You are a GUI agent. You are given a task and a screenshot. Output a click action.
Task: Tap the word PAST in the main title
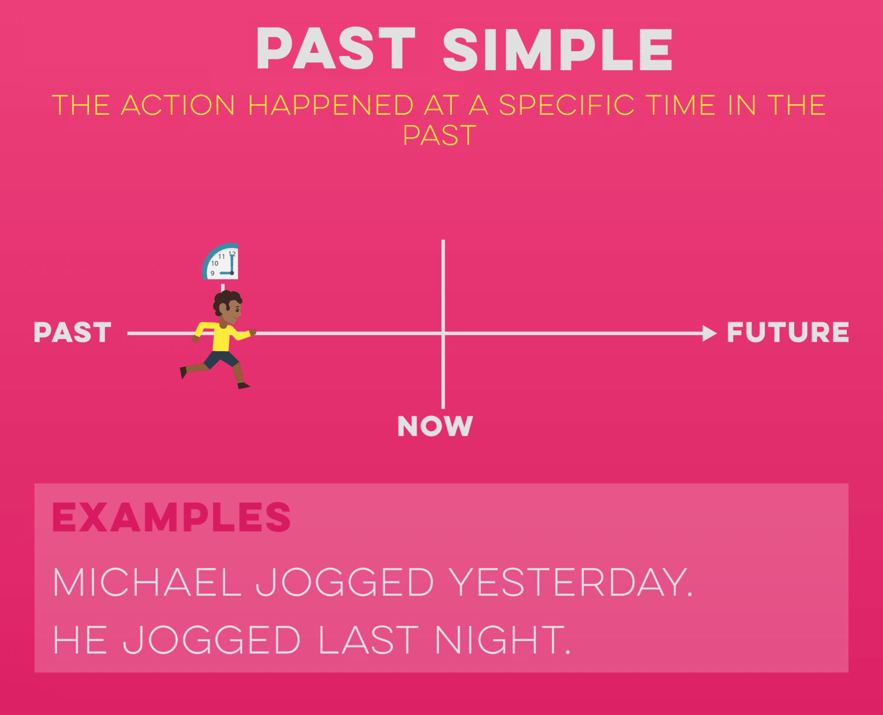point(336,48)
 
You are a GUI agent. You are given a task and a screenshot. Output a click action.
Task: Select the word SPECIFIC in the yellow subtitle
point(567,105)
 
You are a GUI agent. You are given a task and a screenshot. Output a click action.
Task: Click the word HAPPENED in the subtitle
point(331,105)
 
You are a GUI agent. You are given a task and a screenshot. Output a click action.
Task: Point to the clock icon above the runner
point(220,261)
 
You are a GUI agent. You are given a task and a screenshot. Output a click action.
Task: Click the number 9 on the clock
point(213,273)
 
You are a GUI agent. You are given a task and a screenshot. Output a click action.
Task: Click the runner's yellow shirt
point(222,336)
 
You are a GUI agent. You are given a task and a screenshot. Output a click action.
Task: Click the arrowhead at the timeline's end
point(710,333)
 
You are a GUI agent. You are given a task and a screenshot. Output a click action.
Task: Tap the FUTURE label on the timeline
point(788,332)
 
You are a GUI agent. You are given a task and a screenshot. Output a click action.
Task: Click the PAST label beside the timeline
point(72,332)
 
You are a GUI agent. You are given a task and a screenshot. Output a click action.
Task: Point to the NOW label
point(435,426)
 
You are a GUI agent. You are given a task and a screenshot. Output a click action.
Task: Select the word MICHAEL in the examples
point(147,582)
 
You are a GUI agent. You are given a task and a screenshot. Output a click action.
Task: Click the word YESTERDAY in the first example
point(571,582)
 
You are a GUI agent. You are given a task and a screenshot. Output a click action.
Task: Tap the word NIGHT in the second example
point(503,640)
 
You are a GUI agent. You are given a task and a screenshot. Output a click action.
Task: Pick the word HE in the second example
point(79,640)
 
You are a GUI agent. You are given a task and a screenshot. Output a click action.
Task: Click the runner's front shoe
point(243,386)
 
